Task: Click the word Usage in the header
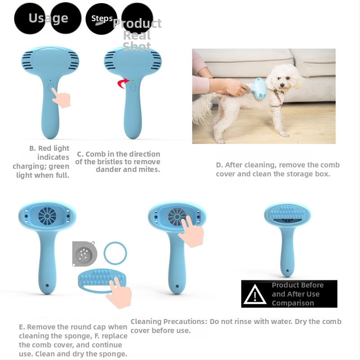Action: [48, 18]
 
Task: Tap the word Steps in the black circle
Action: [102, 18]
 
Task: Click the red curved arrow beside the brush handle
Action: [123, 83]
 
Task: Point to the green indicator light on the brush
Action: [133, 81]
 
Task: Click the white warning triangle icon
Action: [255, 294]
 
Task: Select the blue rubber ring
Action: [115, 253]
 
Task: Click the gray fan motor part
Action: [84, 253]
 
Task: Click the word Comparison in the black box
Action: [293, 303]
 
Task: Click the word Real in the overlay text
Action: [137, 35]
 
